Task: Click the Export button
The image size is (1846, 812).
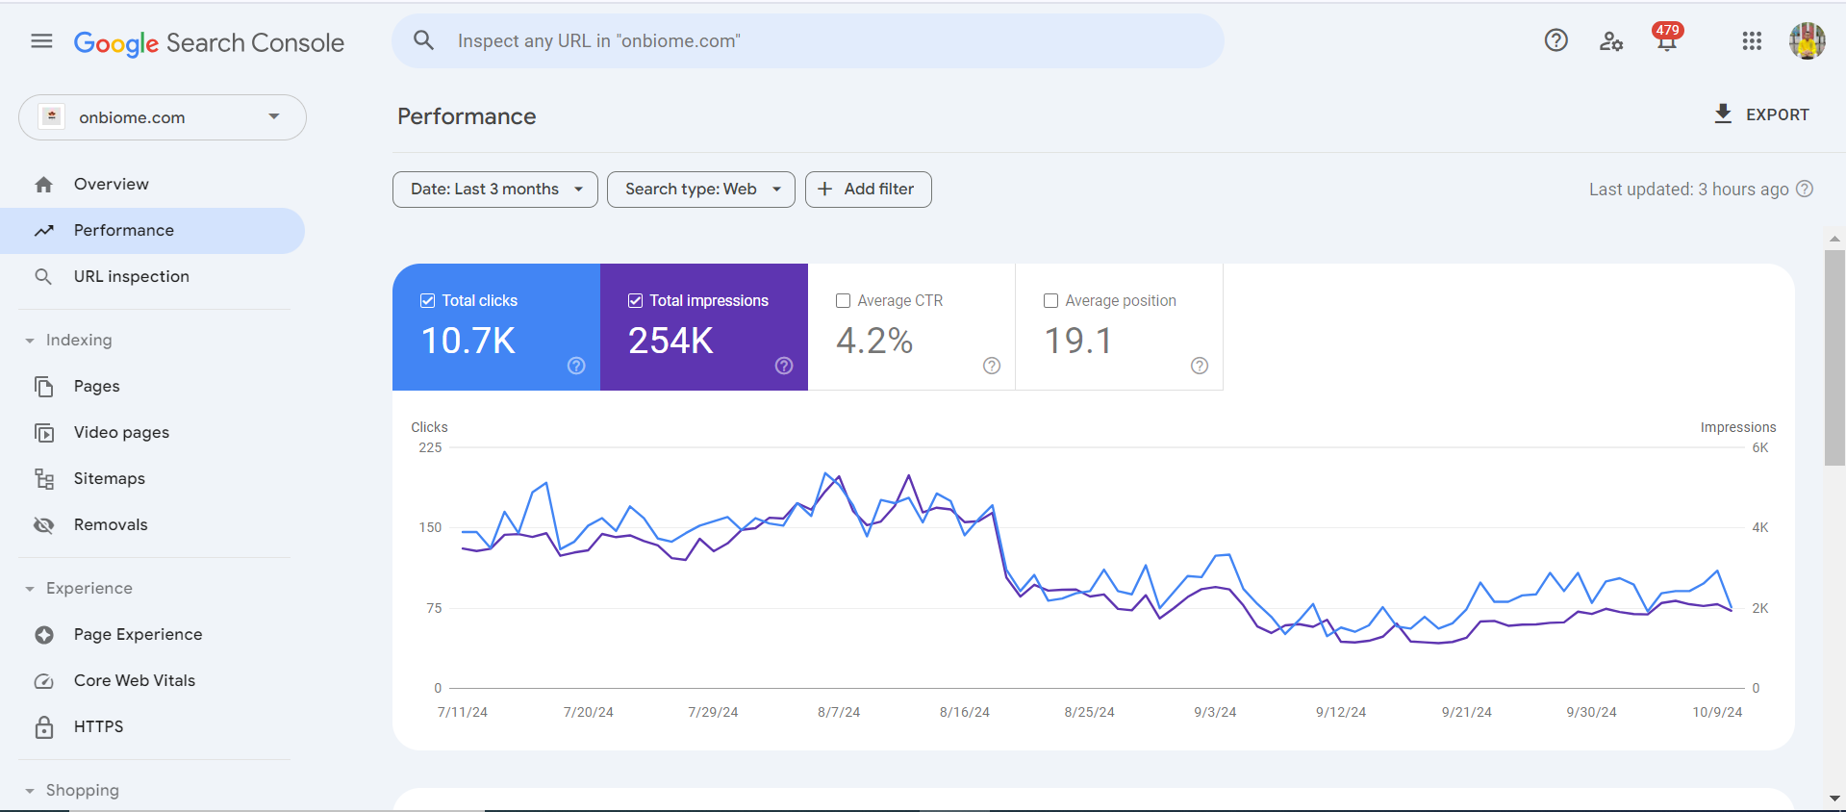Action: click(x=1761, y=114)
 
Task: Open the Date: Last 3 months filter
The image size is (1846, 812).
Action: click(x=494, y=190)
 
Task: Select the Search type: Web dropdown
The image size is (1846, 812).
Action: click(x=700, y=190)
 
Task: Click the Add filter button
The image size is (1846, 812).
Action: click(x=868, y=190)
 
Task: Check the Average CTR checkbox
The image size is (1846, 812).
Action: click(x=844, y=301)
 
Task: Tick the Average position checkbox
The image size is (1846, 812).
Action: click(x=1051, y=301)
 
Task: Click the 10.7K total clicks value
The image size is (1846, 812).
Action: click(x=468, y=341)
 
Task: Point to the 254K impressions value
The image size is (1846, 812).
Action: click(x=670, y=341)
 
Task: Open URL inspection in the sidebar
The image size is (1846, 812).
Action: click(x=131, y=277)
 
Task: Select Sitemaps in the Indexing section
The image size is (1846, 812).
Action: click(x=109, y=479)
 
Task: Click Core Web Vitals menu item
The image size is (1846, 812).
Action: click(x=134, y=681)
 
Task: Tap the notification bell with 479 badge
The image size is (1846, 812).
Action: click(x=1666, y=40)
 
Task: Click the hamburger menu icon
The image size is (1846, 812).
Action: click(x=41, y=41)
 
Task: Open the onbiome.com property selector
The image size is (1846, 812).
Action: click(x=162, y=117)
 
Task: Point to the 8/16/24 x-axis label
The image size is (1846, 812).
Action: click(x=964, y=713)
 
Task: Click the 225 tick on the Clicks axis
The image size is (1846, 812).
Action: click(x=430, y=448)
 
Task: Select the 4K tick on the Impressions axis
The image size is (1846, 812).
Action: click(x=1759, y=528)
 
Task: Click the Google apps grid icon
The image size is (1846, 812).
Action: click(x=1752, y=41)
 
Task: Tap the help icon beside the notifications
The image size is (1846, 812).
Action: click(x=1555, y=40)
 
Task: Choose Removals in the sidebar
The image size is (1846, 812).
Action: click(x=111, y=525)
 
